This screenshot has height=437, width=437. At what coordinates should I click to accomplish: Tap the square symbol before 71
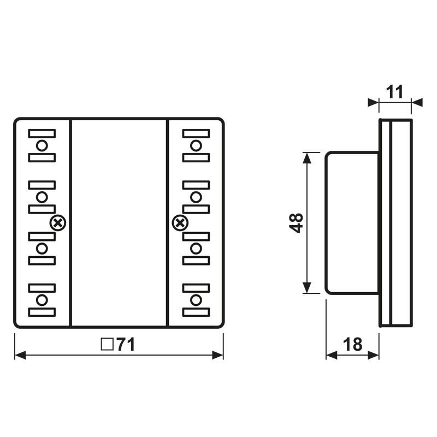107,344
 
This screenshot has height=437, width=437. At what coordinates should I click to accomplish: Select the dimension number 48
297,222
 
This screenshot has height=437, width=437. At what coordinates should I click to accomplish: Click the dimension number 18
353,344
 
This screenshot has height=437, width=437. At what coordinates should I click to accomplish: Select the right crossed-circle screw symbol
179,222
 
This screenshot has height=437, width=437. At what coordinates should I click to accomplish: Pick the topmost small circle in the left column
42,145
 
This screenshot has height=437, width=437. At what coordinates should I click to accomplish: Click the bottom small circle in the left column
42,299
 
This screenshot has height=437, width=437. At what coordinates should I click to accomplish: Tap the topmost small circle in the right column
196,145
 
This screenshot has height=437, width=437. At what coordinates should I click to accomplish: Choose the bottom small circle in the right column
196,299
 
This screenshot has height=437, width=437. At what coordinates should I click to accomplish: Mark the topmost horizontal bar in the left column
42,133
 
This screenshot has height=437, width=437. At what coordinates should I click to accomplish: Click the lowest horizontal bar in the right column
196,312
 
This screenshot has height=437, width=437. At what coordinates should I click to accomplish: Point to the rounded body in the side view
352,222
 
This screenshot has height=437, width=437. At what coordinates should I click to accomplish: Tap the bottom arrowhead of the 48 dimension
308,288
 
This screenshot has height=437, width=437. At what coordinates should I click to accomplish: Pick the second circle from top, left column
42,197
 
